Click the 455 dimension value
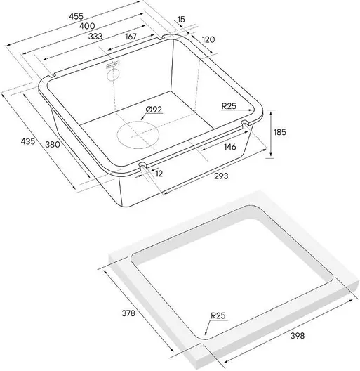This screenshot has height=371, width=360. [76, 16]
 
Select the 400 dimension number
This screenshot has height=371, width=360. [87, 26]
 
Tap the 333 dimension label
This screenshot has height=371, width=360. [95, 37]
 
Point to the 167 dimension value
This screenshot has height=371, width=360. [131, 37]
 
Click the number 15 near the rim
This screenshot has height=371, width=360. [181, 20]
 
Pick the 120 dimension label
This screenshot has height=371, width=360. [208, 39]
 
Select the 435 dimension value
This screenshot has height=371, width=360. [28, 141]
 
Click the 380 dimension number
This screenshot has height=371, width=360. [53, 144]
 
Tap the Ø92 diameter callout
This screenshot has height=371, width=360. [154, 110]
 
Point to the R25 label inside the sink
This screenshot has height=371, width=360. [229, 106]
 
